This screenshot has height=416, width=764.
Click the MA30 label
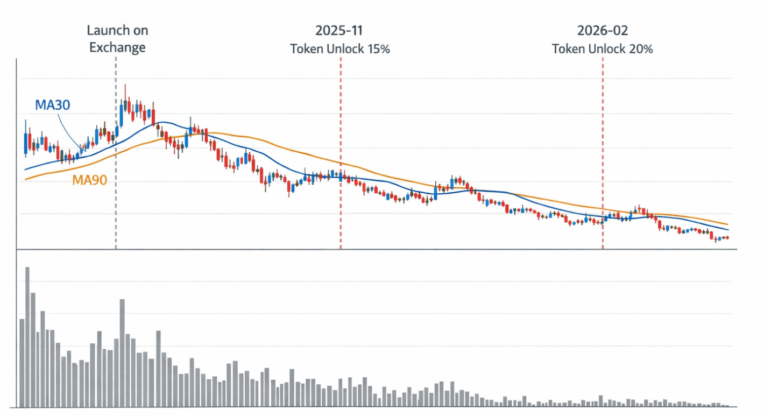click(52, 105)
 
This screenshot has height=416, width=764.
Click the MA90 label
click(89, 181)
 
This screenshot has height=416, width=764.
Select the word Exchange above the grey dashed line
click(117, 47)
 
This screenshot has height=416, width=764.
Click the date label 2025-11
click(340, 31)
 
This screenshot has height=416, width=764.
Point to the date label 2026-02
click(602, 31)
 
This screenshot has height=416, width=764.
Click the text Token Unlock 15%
click(340, 49)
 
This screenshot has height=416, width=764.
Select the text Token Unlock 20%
click(602, 49)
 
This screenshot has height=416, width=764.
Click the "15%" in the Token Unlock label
click(378, 49)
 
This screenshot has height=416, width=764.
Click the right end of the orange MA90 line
click(728, 224)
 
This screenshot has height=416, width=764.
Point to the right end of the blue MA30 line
click(728, 230)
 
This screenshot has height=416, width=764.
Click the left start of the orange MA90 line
click(25, 179)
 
